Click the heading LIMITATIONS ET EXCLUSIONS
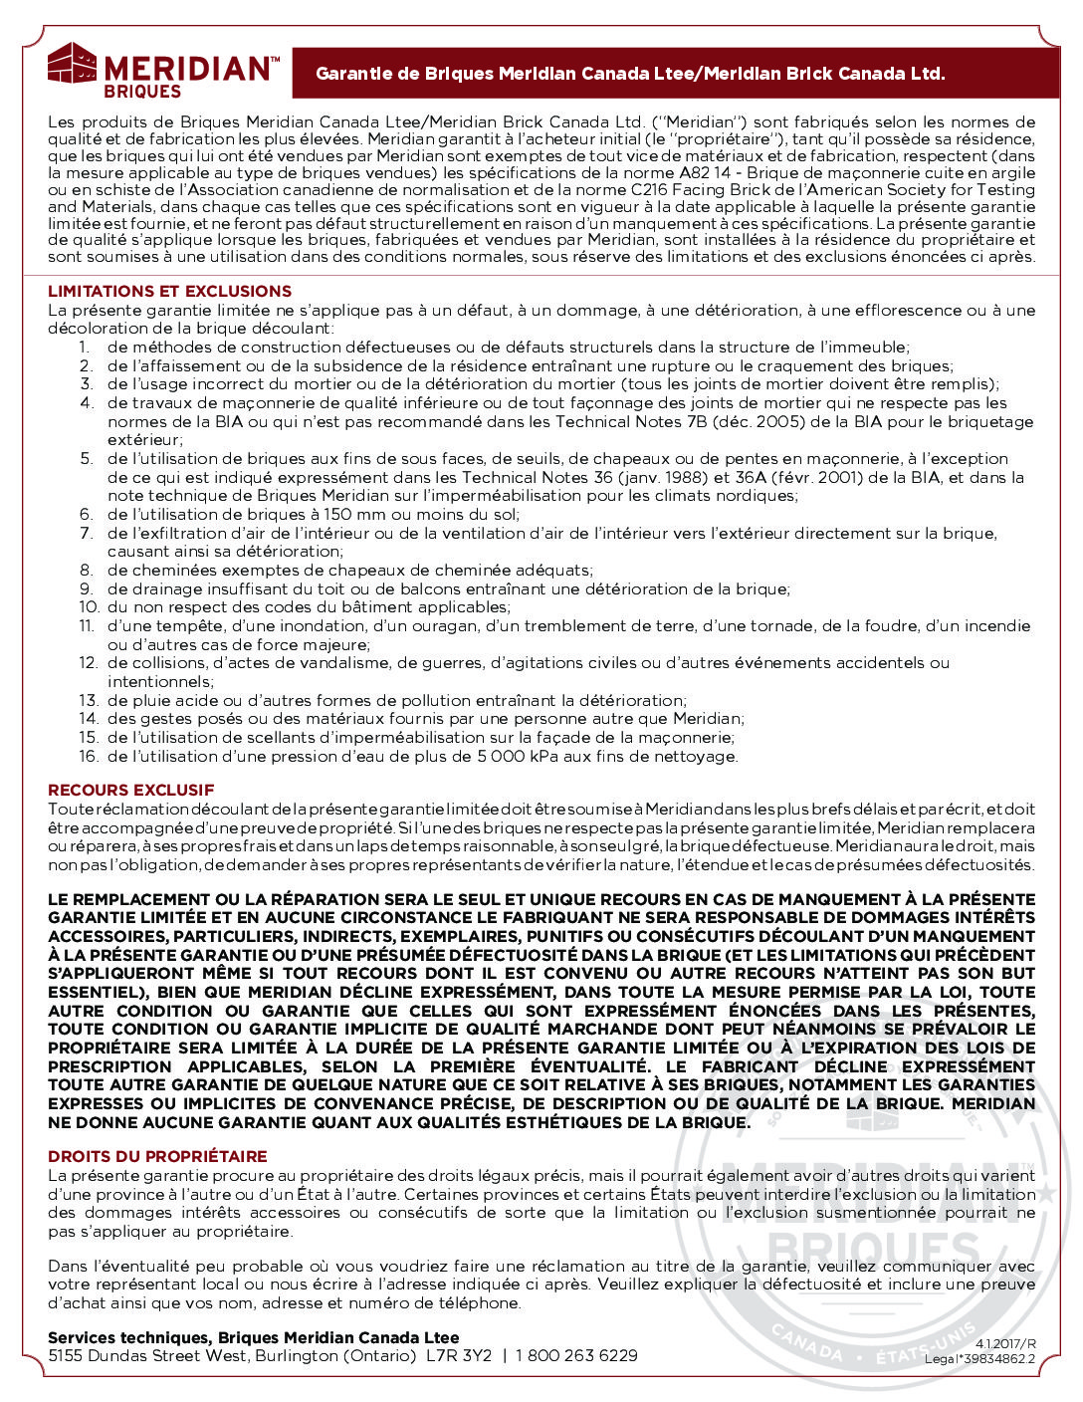point(169,292)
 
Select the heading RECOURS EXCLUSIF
point(130,791)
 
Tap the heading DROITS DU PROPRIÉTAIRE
point(157,1157)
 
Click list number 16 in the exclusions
point(89,757)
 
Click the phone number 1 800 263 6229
point(577,1356)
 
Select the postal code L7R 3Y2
point(459,1356)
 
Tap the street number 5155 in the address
point(66,1356)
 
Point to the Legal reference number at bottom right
point(979,1359)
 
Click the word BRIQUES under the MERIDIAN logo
point(142,92)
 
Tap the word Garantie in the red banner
point(352,74)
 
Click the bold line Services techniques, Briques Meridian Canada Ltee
point(254,1338)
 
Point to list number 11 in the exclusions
point(88,626)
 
